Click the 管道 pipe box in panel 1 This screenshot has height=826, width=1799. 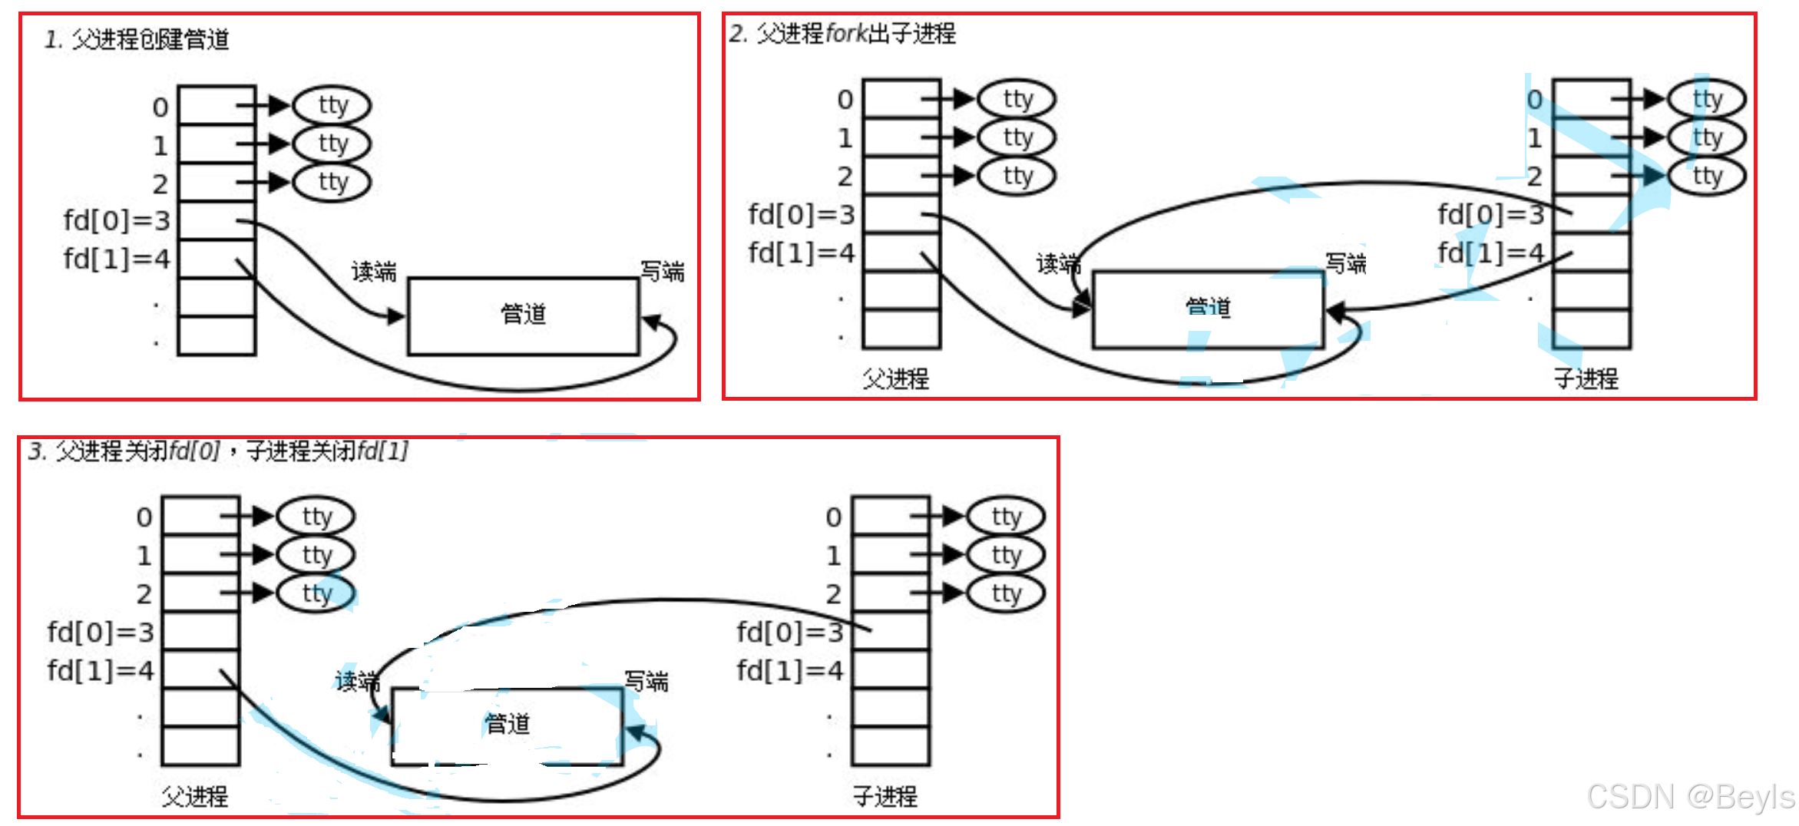click(523, 316)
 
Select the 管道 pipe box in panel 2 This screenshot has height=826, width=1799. click(1207, 309)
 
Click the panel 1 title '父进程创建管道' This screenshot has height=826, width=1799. click(137, 39)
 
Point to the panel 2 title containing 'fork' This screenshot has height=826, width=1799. click(842, 34)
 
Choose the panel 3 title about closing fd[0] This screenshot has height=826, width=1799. click(217, 451)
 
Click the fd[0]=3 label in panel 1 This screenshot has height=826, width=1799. click(117, 221)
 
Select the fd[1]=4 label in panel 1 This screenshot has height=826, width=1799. click(117, 259)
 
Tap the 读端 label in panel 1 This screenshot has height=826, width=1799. click(373, 271)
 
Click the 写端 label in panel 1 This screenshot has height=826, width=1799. click(662, 271)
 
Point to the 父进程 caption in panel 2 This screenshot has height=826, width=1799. click(895, 378)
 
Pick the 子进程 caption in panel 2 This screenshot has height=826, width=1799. click(1586, 378)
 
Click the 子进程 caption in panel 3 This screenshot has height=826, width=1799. click(885, 797)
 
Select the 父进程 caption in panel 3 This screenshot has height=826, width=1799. click(194, 797)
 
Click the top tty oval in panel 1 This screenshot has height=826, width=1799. click(333, 105)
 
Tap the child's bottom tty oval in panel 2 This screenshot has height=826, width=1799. click(1708, 176)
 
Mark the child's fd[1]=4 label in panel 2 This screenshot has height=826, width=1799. click(1490, 253)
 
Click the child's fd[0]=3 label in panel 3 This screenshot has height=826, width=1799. click(790, 633)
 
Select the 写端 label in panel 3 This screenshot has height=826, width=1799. click(646, 681)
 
